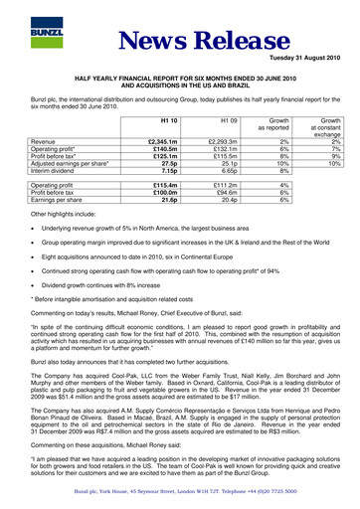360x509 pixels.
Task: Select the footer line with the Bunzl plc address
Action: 180,493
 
